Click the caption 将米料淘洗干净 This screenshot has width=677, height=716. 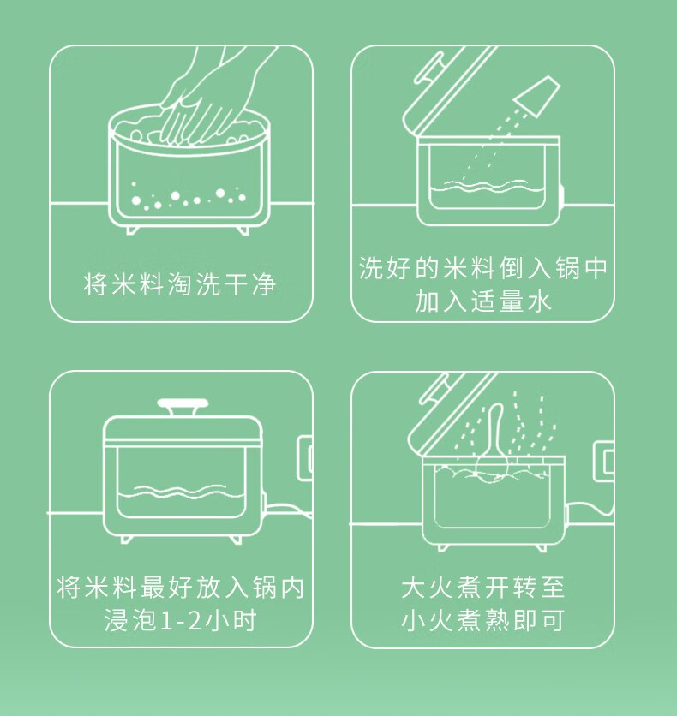(x=179, y=284)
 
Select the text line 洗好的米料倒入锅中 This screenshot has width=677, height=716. (x=482, y=267)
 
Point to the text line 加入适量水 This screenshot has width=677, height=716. (x=482, y=301)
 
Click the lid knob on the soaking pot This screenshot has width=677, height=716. (x=183, y=408)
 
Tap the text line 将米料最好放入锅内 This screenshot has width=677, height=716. (x=181, y=587)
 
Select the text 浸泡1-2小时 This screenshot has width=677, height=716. (x=180, y=620)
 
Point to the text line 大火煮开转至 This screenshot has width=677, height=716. (x=483, y=587)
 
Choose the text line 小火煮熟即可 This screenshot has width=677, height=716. (x=483, y=620)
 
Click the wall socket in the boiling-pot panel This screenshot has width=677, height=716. (x=603, y=461)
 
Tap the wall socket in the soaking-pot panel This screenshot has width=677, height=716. (x=305, y=458)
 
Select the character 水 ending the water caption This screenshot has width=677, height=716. (x=540, y=301)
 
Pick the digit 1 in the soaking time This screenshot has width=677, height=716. (x=167, y=621)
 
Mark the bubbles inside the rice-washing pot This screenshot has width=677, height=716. (x=189, y=197)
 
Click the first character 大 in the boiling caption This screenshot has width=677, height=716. (x=413, y=587)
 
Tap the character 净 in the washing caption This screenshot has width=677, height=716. (x=264, y=284)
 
